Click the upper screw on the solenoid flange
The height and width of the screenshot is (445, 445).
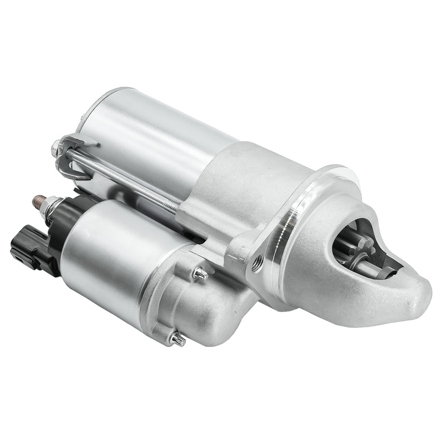(x=200, y=274)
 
